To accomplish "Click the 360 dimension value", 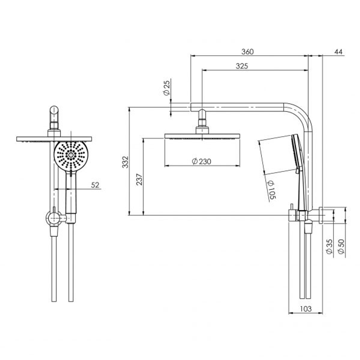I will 247,52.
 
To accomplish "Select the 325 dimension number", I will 242,66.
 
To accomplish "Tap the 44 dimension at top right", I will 338,52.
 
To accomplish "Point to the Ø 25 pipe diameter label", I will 167,88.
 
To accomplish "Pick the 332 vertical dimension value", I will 125,162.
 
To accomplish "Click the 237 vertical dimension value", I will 139,179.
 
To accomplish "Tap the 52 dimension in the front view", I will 95,185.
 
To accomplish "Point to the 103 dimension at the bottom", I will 305,309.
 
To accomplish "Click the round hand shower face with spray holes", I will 71,155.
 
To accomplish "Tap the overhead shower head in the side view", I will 202,136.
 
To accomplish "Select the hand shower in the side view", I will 298,167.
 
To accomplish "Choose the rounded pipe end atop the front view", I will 54,111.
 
